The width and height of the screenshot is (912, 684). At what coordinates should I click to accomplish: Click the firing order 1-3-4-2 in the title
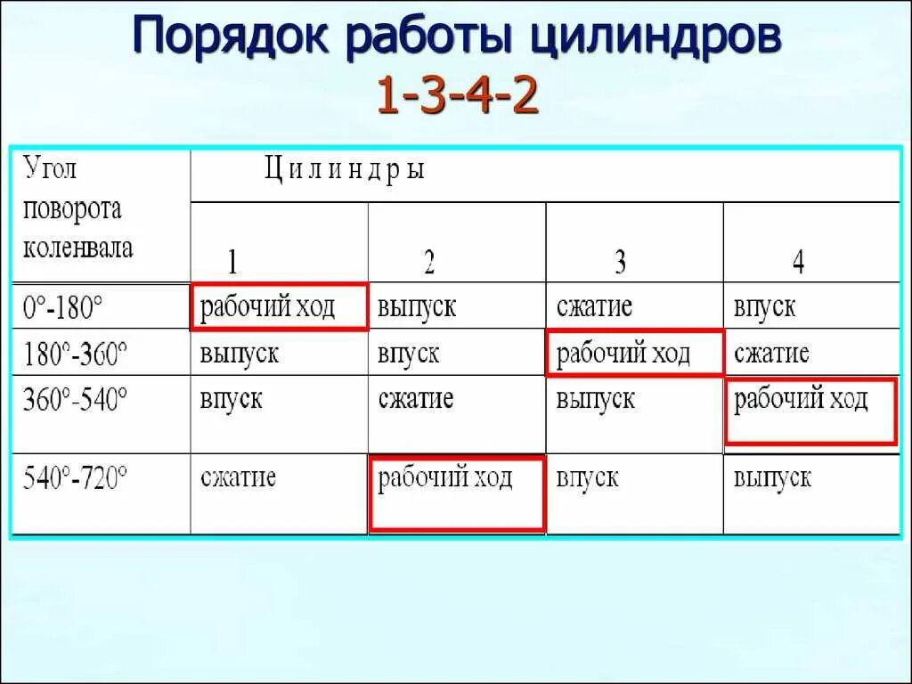click(457, 97)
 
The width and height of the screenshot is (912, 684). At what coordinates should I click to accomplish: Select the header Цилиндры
click(344, 169)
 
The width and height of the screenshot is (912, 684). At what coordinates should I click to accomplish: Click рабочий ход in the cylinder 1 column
click(267, 307)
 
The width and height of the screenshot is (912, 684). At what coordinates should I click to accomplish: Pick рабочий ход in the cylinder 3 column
click(623, 353)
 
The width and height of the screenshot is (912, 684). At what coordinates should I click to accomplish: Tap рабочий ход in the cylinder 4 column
click(801, 399)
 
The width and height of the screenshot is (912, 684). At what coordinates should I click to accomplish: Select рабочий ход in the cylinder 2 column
click(445, 477)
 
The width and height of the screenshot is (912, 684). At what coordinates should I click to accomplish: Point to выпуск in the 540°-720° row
click(772, 477)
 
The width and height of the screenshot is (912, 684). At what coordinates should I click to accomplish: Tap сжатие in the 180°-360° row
click(771, 354)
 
